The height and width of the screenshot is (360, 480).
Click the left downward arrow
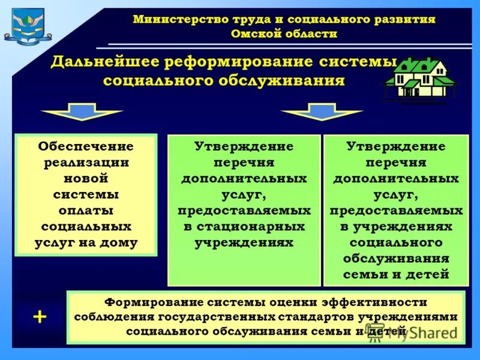pyautogui.click(x=82, y=112)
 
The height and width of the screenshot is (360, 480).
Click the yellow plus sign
pyautogui.click(x=40, y=317)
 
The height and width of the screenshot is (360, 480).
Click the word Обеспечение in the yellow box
pyautogui.click(x=86, y=146)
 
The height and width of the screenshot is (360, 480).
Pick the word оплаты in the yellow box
pyautogui.click(x=86, y=211)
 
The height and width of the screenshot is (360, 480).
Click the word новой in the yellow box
pyautogui.click(x=86, y=179)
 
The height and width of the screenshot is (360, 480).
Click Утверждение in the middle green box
pyautogui.click(x=244, y=146)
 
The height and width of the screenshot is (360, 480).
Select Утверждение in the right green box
pyautogui.click(x=396, y=146)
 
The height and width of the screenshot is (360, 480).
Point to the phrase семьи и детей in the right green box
pyautogui.click(x=396, y=275)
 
